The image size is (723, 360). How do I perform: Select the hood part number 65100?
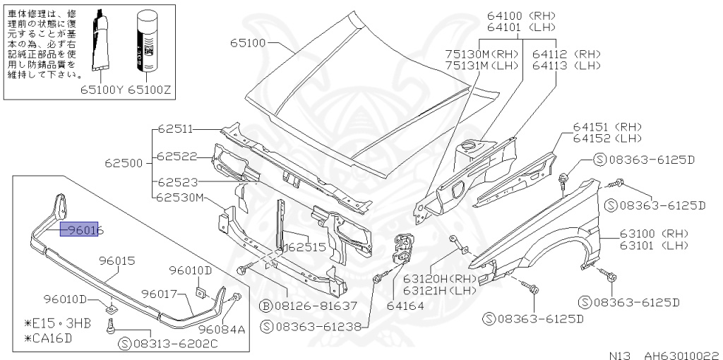point(247,43)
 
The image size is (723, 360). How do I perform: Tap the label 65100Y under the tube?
point(102,90)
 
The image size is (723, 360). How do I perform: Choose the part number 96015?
point(116,260)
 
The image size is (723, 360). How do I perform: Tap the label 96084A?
point(222,329)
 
